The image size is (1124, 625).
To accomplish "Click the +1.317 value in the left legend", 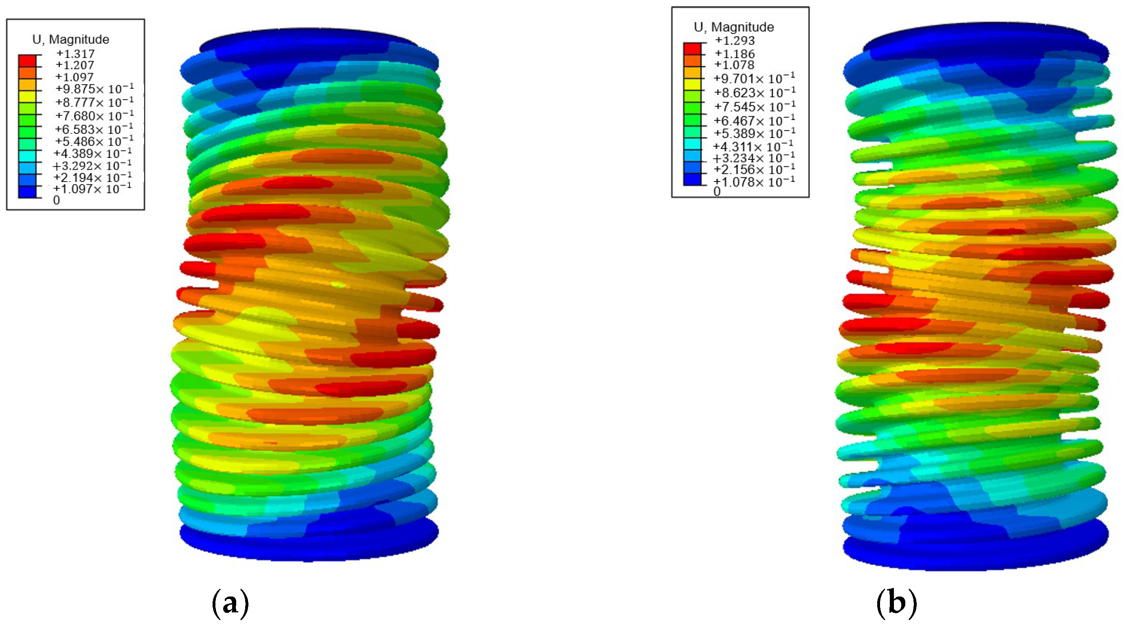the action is click(75, 54).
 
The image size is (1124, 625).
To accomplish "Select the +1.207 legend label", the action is click(75, 66).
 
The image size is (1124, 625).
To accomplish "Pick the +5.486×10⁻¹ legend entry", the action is click(93, 141).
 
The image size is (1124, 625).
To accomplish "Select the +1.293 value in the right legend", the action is click(735, 41).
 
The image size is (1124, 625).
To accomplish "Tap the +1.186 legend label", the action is click(735, 54).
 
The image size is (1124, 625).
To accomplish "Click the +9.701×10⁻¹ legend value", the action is click(754, 79).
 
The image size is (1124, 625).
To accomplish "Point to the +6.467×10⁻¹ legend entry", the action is click(754, 120).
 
